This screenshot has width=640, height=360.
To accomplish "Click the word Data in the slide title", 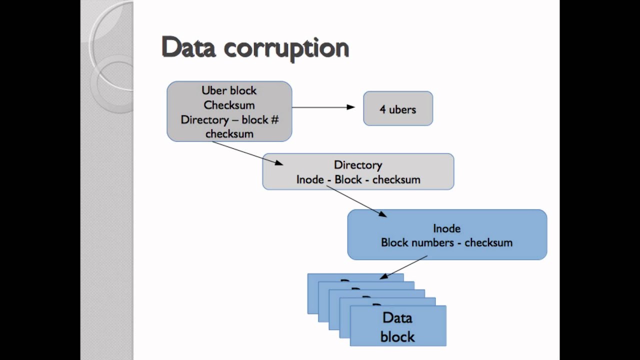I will pos(188,48).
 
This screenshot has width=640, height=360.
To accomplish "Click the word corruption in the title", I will pos(286,49).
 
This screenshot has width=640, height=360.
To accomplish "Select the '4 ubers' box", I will pos(398,108).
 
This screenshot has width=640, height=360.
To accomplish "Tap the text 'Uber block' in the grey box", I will pos(229,90).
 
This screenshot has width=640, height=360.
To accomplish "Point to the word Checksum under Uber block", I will pos(229,105).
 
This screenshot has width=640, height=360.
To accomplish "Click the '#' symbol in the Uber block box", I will pos(274,120).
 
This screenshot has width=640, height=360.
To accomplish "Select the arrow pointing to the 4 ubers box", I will pos(323,107).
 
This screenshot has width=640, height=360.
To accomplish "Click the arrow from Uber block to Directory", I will pos(247,152).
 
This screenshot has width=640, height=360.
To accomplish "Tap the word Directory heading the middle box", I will pos(358,165).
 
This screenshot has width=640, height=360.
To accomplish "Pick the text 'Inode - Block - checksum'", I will pos(358,179).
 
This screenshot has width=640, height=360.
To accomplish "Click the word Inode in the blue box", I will pos(446,228).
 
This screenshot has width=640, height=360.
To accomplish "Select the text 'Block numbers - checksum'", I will pos(446,243).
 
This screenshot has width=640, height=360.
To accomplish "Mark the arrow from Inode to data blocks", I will pos(404,267).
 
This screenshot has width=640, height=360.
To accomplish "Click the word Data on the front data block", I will pos(397,318).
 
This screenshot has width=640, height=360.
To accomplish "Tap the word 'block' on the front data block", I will pos(397,336).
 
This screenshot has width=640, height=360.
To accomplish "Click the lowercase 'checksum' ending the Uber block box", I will pos(229,134).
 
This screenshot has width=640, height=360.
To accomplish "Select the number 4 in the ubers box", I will pos(382,109).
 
